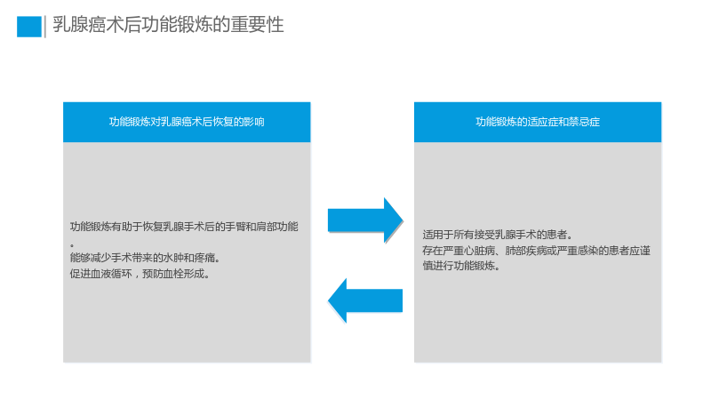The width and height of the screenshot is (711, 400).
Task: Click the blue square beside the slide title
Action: [29, 27]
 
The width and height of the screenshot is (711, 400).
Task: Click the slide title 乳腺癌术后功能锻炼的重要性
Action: [168, 25]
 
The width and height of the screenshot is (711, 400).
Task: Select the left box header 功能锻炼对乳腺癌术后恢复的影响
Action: [187, 122]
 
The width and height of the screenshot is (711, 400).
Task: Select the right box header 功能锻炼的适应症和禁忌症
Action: [538, 122]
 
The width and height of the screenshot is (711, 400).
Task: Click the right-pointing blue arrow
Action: [365, 220]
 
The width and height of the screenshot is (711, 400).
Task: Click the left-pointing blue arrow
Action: [365, 300]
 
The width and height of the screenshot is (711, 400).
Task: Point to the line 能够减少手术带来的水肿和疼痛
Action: [145, 258]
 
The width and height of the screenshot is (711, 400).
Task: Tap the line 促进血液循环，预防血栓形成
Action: [140, 274]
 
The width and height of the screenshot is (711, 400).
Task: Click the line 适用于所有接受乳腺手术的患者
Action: [498, 235]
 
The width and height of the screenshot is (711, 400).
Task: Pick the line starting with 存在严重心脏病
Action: [537, 251]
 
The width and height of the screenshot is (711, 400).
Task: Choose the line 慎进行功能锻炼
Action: [461, 266]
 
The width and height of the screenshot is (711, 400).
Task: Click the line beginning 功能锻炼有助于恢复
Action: [184, 227]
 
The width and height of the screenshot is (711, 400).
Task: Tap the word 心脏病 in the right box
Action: [480, 251]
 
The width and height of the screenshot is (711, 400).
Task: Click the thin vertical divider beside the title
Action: [45, 27]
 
